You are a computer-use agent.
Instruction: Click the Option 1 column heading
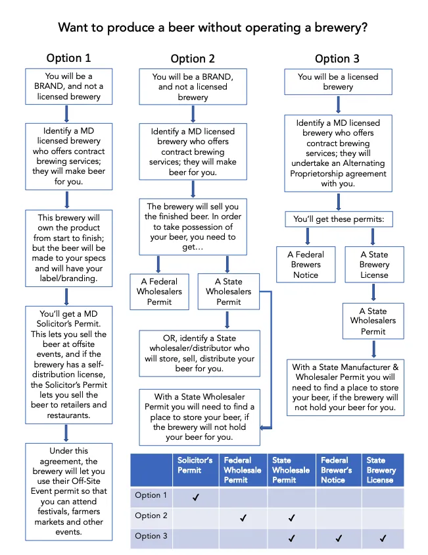[68, 58]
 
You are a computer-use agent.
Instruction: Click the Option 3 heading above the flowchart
[337, 59]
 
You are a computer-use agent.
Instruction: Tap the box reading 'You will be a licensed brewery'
[338, 82]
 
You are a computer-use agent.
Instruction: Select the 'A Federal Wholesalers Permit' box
[159, 292]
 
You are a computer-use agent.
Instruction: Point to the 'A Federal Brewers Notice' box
[306, 265]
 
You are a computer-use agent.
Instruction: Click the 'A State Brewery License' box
[374, 265]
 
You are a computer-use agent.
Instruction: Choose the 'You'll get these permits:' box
[339, 219]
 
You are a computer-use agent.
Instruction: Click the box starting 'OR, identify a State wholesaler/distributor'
[200, 354]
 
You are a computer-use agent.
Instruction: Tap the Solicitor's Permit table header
[195, 465]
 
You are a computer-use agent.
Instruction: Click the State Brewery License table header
[381, 470]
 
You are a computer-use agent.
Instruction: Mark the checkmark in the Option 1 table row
[195, 497]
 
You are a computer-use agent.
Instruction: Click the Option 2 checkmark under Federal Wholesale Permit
[243, 518]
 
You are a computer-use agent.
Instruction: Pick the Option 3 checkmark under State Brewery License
[383, 539]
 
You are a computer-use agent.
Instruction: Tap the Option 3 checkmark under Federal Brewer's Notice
[339, 539]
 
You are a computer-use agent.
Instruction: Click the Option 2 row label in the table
[151, 515]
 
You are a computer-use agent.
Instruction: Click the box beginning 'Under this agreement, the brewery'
[69, 492]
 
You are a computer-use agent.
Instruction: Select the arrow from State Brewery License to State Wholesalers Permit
[373, 292]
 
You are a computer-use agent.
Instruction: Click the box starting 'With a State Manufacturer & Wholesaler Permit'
[345, 388]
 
